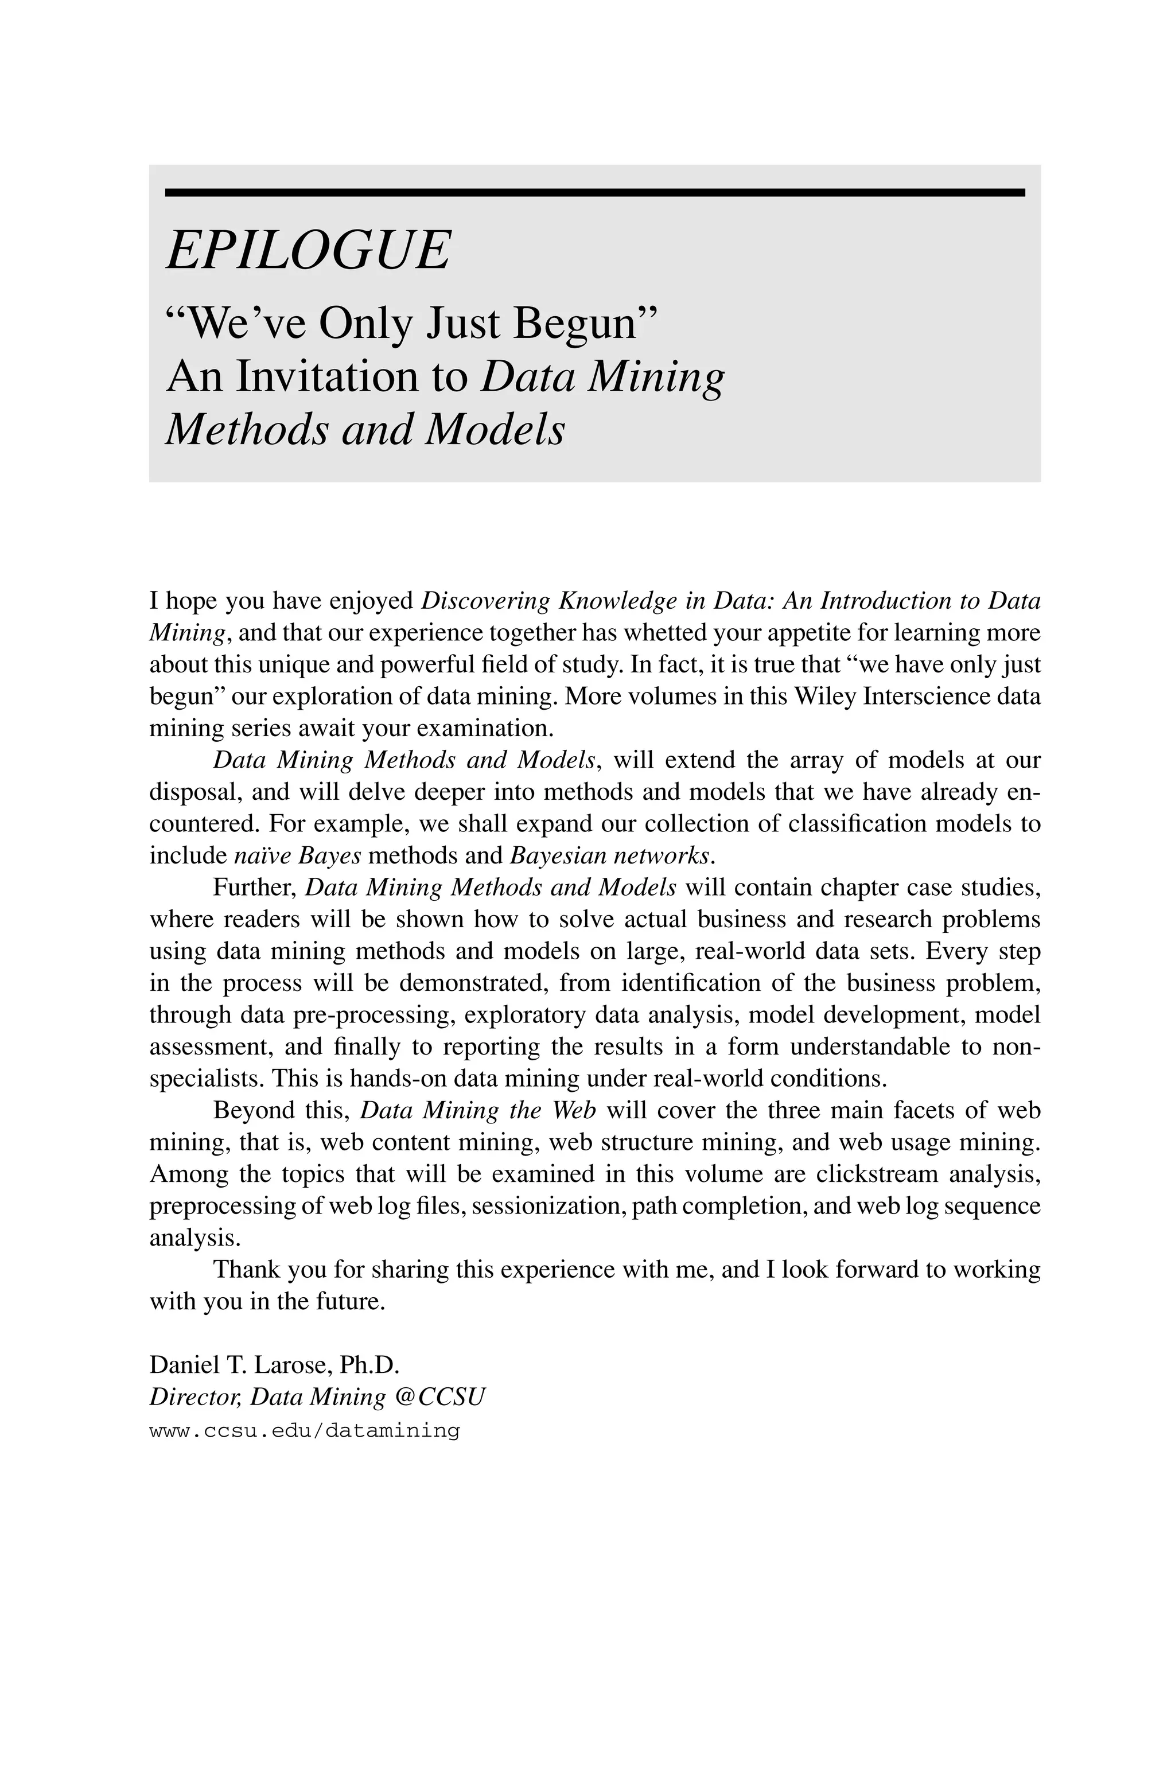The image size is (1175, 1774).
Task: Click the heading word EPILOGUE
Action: tap(308, 250)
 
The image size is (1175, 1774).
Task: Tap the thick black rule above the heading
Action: tap(594, 193)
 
